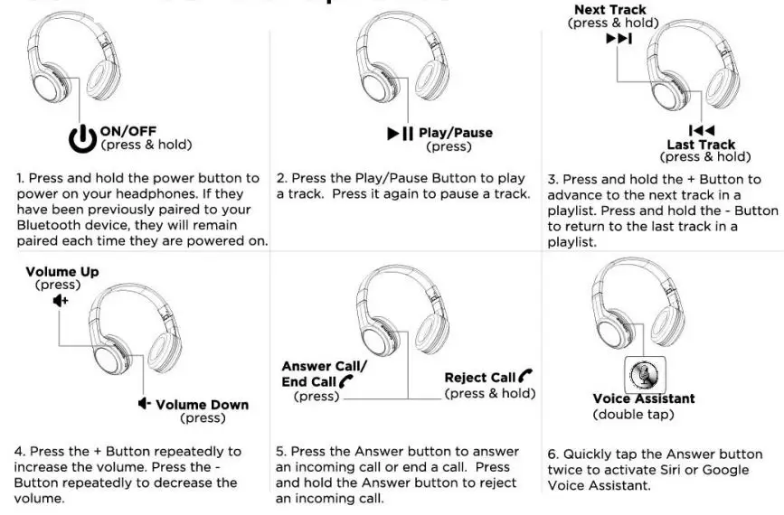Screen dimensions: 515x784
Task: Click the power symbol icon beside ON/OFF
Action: point(82,137)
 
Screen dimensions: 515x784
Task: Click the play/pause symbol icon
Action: point(400,134)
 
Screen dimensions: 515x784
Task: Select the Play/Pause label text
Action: point(456,133)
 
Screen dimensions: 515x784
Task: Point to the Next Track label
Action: point(610,9)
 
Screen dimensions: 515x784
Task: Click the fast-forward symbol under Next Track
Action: point(619,38)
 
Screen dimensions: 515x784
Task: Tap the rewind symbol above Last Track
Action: point(702,131)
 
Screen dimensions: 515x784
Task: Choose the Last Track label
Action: point(701,145)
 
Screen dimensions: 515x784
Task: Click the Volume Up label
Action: point(62,272)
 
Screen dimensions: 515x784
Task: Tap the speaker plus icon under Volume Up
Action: point(60,300)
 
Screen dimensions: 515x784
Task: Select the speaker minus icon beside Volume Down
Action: point(145,404)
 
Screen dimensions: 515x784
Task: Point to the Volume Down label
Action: point(202,405)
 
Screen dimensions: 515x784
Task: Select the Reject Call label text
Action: point(480,378)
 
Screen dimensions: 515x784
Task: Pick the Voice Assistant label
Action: point(644,399)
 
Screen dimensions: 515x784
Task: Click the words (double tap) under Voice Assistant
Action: point(633,415)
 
